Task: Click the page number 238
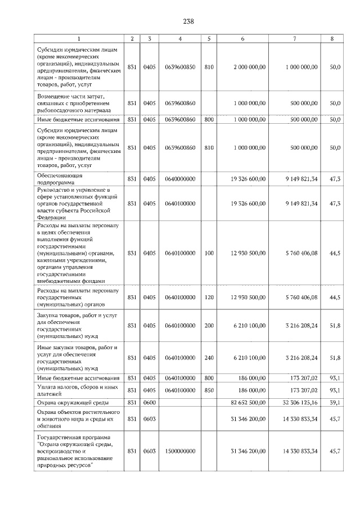(188, 21)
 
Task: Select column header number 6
(242, 38)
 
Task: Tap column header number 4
(180, 38)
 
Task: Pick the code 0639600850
(180, 67)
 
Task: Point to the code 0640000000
(180, 179)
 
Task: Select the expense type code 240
(209, 357)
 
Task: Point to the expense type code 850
(209, 390)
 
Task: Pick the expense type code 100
(209, 254)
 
